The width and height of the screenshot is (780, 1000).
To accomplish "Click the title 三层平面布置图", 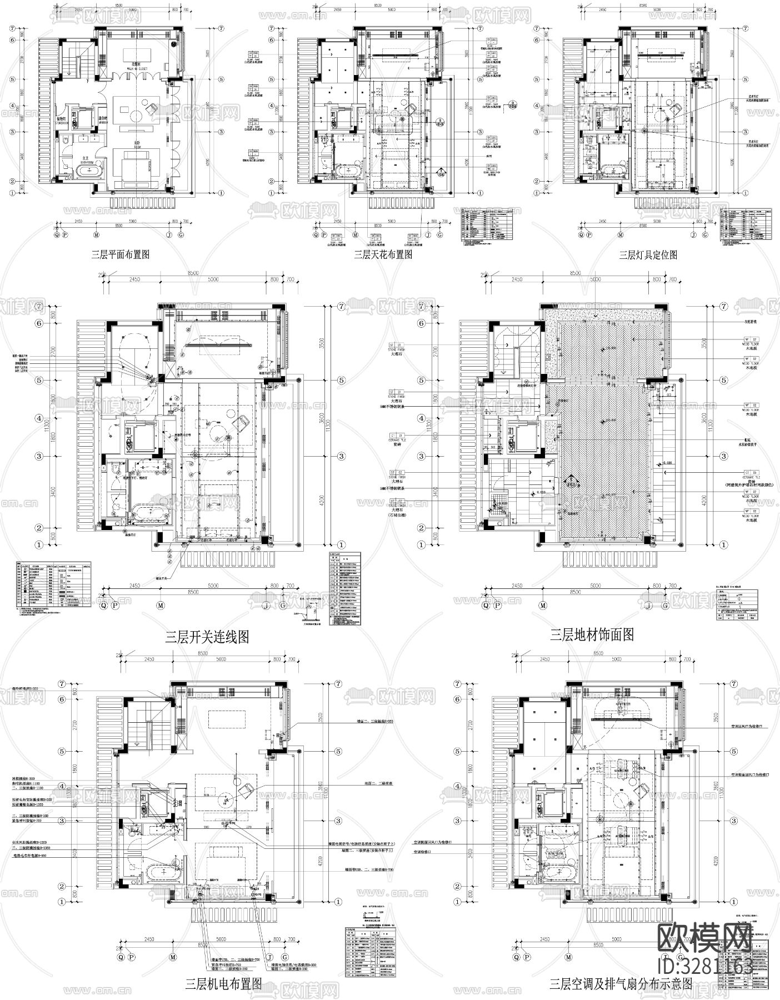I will coord(121,255).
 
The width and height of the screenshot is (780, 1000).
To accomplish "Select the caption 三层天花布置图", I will coord(383,255).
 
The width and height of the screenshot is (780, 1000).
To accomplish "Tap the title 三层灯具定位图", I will coord(648,255).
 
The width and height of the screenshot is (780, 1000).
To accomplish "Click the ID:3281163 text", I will coord(704,966).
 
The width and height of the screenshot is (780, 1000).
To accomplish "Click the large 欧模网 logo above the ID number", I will coord(704,939).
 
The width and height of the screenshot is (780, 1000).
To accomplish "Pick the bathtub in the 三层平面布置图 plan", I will coord(89,171).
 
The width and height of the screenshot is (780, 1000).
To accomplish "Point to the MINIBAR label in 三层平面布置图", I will coord(103,123).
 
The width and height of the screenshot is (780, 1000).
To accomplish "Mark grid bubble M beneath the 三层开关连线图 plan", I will coord(160,604).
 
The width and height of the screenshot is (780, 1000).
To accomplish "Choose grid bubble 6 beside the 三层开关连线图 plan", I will coord(39,323).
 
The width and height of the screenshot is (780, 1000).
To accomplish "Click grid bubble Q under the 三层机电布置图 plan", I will coord(118,957).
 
